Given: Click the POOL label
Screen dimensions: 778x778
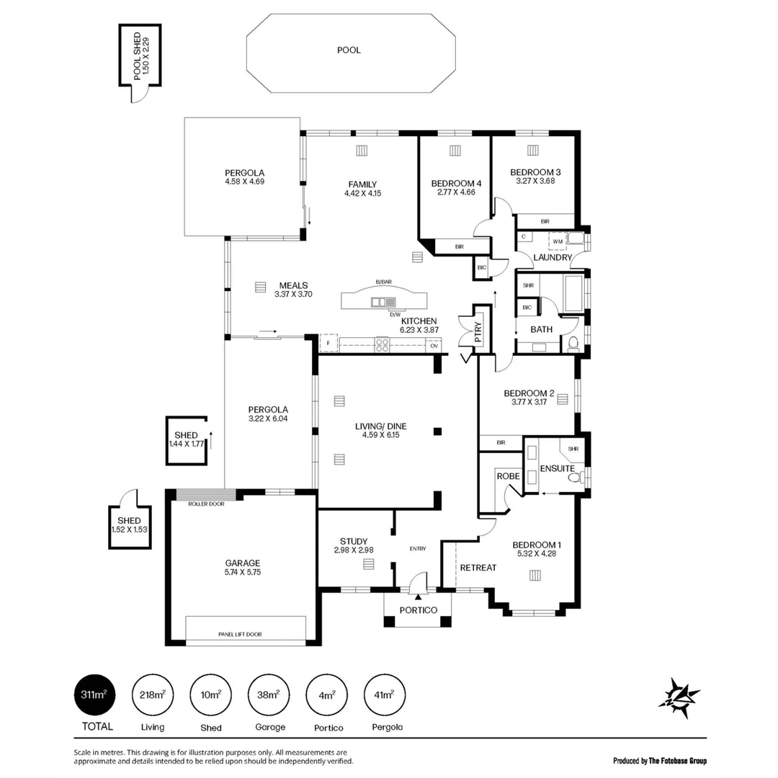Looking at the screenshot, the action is [x=349, y=50].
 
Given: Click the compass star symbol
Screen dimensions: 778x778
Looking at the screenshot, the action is [x=679, y=697].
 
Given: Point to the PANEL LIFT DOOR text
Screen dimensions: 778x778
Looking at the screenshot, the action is [x=240, y=635].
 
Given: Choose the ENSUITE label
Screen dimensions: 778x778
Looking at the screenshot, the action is [x=558, y=469].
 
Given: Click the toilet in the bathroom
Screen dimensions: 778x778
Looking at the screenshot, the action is [x=573, y=342].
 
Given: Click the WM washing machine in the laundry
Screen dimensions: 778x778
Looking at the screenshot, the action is [x=558, y=241].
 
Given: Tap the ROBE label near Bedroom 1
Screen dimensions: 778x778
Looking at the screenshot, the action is [x=508, y=476].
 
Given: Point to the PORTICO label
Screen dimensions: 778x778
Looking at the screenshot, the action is [x=419, y=610].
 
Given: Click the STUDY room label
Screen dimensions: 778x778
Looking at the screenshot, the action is [x=354, y=542].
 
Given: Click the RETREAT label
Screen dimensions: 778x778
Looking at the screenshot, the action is [x=478, y=568].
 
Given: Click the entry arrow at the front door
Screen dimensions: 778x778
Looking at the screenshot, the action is [x=418, y=597].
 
